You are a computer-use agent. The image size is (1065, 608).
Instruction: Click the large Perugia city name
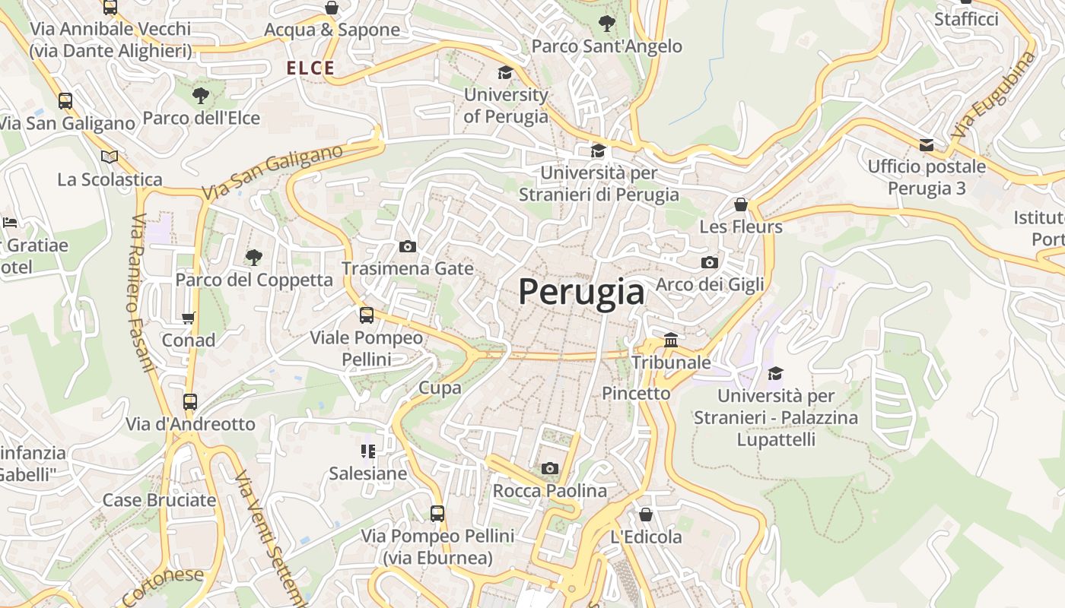tap(581, 292)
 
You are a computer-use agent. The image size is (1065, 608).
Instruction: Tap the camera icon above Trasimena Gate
tap(408, 246)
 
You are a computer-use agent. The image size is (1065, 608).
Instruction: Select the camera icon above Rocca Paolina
tap(550, 468)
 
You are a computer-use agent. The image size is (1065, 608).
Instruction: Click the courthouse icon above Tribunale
tap(671, 340)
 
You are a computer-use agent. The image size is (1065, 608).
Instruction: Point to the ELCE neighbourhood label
tap(310, 68)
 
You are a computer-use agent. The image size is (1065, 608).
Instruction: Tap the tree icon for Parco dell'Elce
tap(201, 96)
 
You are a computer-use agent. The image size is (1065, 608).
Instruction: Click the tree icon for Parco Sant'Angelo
tap(606, 24)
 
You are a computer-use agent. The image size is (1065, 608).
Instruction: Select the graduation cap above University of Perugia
tap(505, 72)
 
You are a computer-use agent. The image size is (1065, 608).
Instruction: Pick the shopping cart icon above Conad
tap(188, 318)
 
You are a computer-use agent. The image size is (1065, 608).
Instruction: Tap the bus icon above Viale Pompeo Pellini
tap(367, 315)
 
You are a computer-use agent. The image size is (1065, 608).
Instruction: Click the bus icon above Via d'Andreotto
tap(190, 401)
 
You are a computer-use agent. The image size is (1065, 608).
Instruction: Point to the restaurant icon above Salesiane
tap(368, 451)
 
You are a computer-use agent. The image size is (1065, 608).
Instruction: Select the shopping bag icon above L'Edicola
tap(646, 515)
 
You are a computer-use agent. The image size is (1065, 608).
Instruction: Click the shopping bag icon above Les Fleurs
tap(741, 204)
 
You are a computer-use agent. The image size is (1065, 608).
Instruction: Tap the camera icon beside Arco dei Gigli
tap(710, 262)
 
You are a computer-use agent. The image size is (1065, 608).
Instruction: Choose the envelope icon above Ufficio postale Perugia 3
tap(926, 144)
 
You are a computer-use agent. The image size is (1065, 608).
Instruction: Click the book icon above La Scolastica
tap(110, 157)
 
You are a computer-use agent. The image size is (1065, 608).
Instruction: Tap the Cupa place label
tap(440, 388)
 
